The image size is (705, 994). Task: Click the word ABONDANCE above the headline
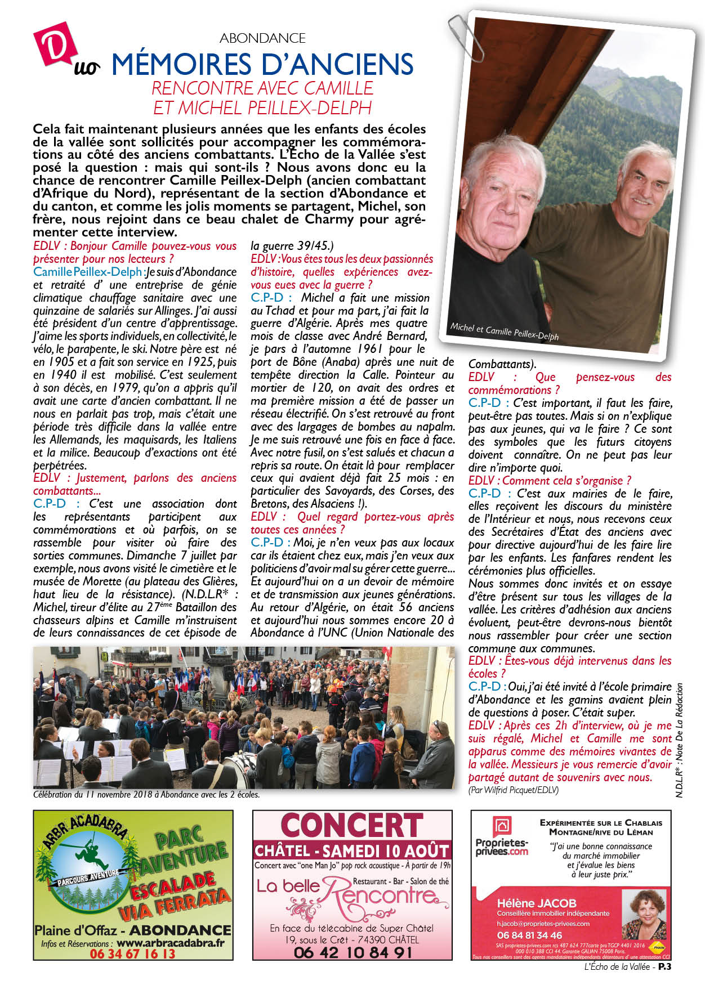point(262,38)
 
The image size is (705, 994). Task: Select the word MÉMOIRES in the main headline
point(178,65)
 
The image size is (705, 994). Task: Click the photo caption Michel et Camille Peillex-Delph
point(504,332)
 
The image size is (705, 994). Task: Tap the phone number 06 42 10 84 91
point(352,952)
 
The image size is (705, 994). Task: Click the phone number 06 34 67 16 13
point(132,953)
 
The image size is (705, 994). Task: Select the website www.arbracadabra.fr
point(171,943)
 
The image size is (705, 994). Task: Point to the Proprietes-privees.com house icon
point(502,827)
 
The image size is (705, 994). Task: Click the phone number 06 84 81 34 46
point(529,935)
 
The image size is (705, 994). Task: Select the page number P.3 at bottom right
point(665,967)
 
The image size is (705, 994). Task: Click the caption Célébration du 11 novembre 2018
point(146,795)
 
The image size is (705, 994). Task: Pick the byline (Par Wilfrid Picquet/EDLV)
point(513,790)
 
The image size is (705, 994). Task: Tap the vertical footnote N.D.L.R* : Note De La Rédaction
point(679,740)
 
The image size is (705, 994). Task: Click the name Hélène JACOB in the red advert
point(537,903)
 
